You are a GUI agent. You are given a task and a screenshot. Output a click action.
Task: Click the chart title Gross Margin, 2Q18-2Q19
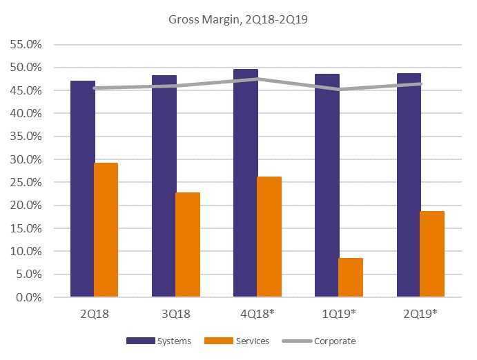[x=237, y=19]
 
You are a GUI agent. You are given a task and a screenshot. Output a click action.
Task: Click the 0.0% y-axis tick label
[x=29, y=297]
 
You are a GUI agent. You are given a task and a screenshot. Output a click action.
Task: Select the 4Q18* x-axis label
[x=257, y=314]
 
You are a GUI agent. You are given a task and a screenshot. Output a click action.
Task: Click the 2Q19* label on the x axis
[x=420, y=314]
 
